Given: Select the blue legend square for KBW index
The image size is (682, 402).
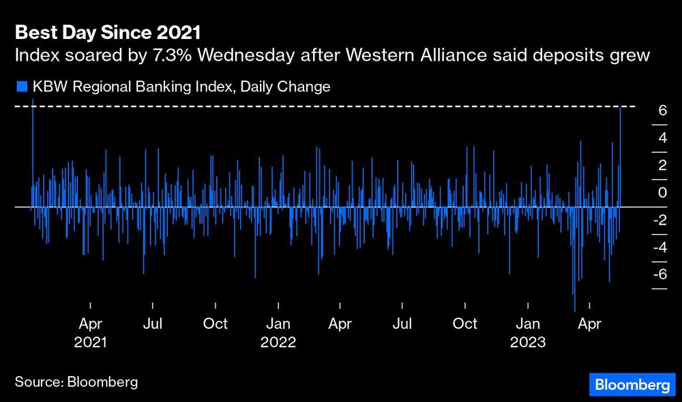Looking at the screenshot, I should tap(20, 87).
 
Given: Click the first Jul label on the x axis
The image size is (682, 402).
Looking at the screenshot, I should tap(153, 324).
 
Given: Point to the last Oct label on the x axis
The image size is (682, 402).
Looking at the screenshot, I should tap(465, 324).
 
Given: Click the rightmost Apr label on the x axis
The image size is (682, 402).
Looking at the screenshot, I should tap(589, 324).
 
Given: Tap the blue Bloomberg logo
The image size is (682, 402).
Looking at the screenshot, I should tap(632, 385).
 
